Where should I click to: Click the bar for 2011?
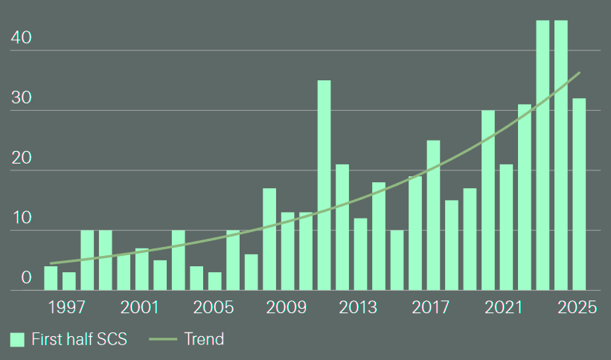pos(324,185)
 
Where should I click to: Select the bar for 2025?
pos(579,194)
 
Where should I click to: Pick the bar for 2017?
pos(433,215)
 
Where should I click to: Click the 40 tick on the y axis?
pos(21,38)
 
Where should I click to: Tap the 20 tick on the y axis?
pos(21,158)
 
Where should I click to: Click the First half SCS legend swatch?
pos(18,340)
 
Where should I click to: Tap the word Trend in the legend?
pos(204,340)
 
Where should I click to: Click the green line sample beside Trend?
pos(163,340)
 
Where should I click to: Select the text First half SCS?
pos(80,340)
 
